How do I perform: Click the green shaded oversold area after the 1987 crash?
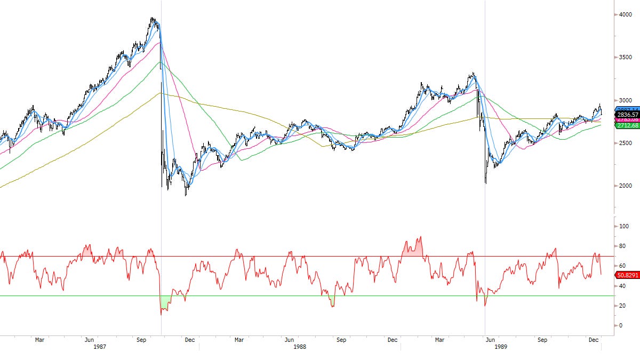point(165,302)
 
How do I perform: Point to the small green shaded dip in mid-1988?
point(333,302)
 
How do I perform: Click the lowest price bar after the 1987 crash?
point(186,195)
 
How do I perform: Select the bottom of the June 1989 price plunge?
point(486,183)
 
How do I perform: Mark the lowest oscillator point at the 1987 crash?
point(161,315)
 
